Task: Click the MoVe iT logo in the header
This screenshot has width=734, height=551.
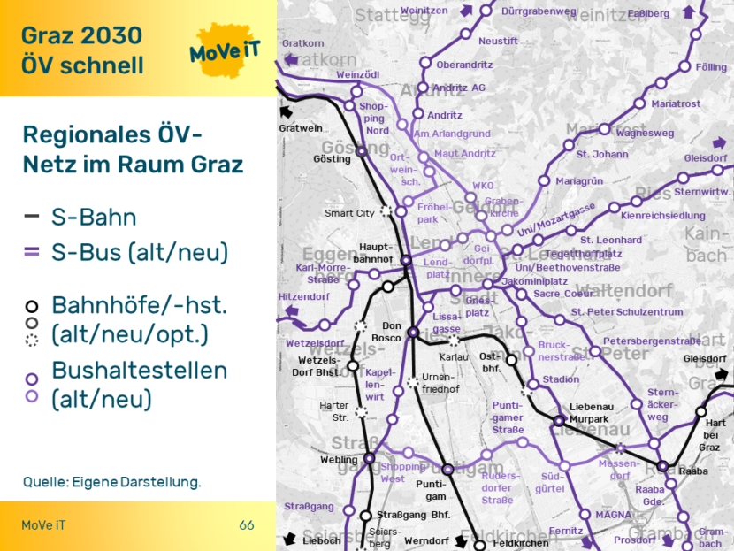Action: (225, 52)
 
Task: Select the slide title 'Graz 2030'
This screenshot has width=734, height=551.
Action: (81, 35)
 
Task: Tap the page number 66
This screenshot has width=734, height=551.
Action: (247, 525)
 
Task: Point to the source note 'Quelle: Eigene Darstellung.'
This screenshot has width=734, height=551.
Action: (112, 482)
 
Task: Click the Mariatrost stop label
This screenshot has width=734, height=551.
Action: (676, 103)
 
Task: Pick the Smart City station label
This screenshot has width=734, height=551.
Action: (349, 213)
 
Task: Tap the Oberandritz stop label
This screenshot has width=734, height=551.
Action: (464, 65)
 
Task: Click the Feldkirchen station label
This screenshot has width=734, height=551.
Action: (520, 542)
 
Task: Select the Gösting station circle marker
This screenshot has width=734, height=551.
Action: (361, 152)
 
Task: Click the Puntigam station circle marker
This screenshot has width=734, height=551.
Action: (447, 470)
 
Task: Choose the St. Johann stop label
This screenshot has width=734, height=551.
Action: (602, 155)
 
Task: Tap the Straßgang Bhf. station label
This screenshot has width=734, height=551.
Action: (414, 515)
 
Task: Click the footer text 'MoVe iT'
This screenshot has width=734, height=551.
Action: (43, 525)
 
